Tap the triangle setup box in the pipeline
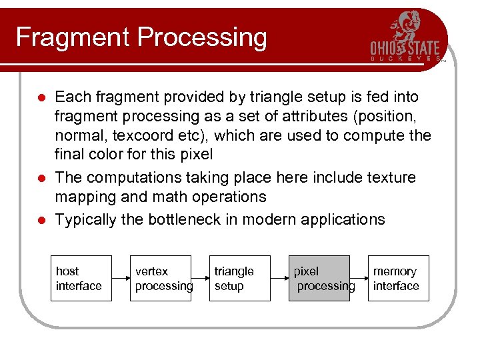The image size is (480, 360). [x=239, y=279]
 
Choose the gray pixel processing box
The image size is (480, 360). [x=319, y=279]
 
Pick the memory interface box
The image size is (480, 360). [x=398, y=279]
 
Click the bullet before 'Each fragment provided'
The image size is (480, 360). [x=41, y=98]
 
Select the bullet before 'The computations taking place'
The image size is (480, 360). [x=41, y=178]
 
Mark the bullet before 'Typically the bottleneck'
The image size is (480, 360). [x=41, y=220]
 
